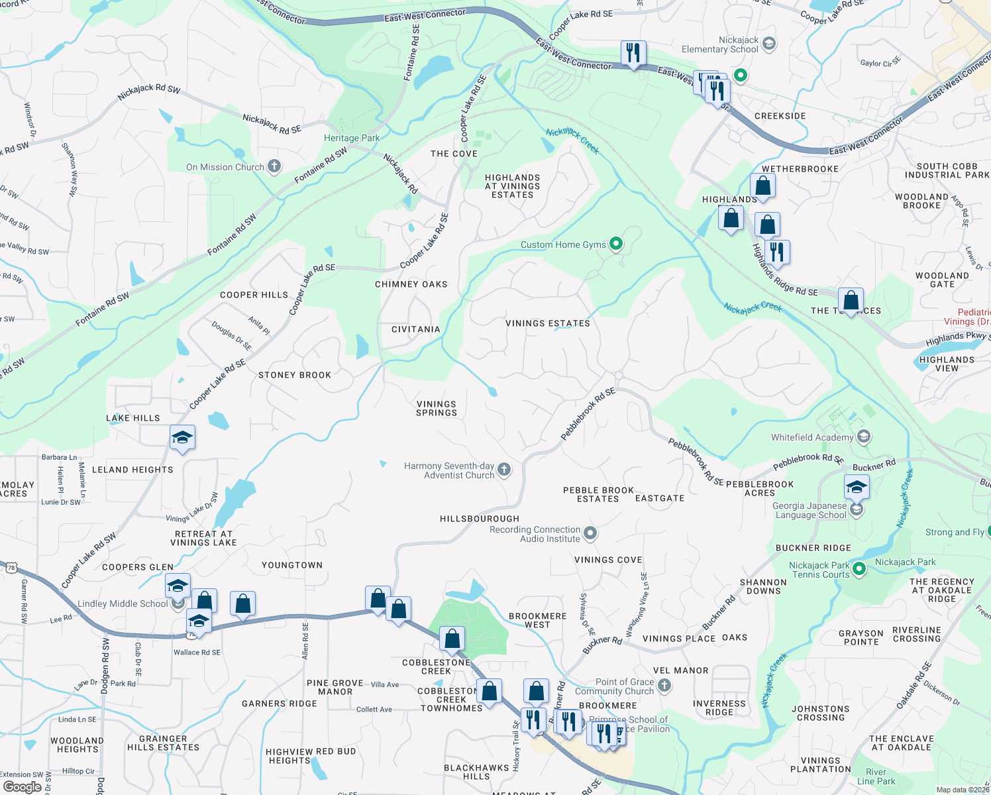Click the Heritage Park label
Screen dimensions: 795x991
(352, 138)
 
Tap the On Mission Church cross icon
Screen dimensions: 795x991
(274, 166)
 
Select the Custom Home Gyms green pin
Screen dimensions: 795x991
(616, 244)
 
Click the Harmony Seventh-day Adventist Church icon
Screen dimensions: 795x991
(504, 470)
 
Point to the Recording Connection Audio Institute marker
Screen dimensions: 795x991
(590, 533)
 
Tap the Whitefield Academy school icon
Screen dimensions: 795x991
(863, 437)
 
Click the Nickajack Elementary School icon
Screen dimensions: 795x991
(768, 44)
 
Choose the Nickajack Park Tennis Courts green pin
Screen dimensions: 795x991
(859, 568)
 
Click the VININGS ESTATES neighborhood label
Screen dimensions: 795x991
(547, 323)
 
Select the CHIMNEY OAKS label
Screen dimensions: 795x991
(411, 284)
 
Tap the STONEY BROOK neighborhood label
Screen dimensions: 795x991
(295, 375)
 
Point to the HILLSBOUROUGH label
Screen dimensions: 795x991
(480, 519)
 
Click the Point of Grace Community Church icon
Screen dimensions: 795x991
(664, 686)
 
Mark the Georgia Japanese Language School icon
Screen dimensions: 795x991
(857, 509)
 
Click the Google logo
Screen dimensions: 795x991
(22, 787)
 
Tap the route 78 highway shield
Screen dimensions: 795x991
(11, 568)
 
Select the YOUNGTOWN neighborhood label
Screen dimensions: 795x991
(292, 565)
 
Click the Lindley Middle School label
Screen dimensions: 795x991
(123, 604)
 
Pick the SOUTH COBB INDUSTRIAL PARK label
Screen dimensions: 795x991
(947, 170)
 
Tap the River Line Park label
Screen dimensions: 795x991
(876, 776)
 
